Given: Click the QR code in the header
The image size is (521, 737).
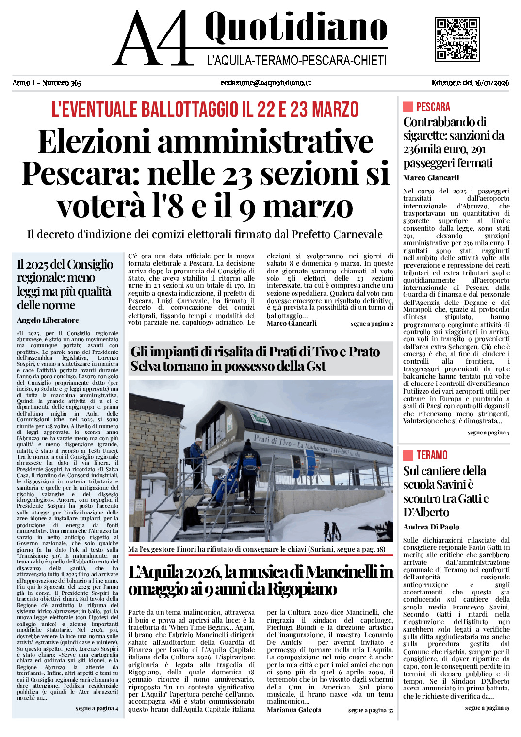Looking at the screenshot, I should [456, 39].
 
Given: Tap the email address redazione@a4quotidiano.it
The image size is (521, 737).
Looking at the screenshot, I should [265, 83].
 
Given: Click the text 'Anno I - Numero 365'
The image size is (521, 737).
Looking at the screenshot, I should [47, 83].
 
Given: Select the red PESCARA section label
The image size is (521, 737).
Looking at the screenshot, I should [433, 107].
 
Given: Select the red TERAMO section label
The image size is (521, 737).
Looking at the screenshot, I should [432, 455].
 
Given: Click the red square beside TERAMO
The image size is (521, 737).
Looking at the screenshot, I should [408, 455].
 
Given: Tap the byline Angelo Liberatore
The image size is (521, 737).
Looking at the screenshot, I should [48, 320].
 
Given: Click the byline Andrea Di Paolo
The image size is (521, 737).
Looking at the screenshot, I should [431, 527].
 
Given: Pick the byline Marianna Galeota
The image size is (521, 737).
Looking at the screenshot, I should [294, 710].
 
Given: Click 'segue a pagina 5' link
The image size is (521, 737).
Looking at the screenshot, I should [488, 433].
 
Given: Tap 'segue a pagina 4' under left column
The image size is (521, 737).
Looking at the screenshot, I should [97, 709].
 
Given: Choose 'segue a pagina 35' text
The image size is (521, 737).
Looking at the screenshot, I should [371, 710].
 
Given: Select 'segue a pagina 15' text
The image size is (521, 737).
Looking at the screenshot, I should [487, 708].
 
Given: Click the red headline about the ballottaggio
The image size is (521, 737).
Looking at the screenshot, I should [205, 110].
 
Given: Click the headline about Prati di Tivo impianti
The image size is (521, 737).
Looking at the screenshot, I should [255, 359].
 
